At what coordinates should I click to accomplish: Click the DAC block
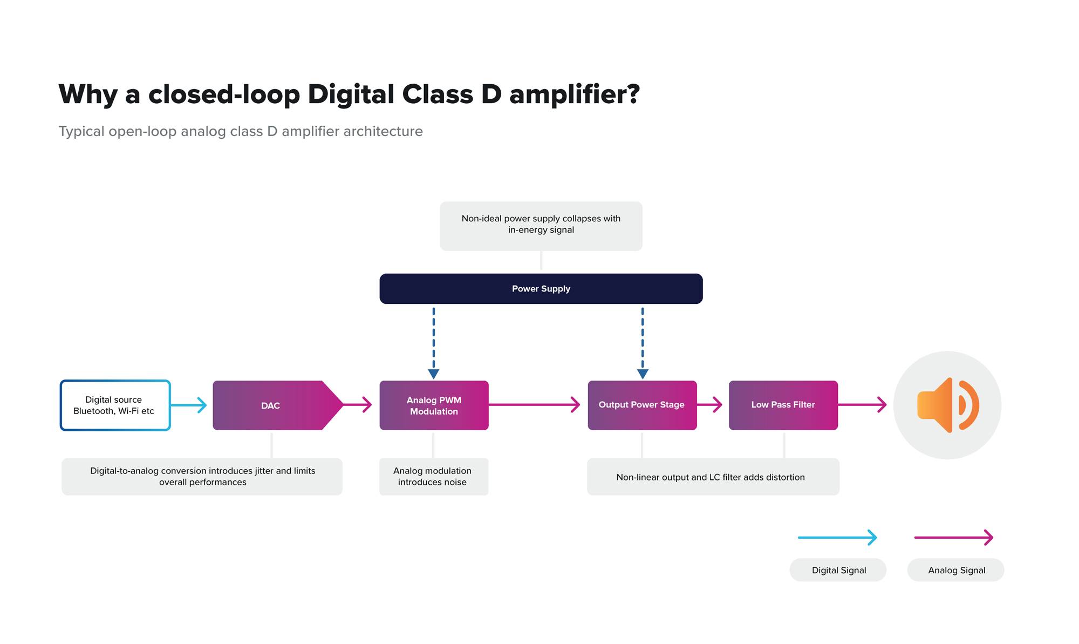[271, 405]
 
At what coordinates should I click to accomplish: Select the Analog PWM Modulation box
[434, 405]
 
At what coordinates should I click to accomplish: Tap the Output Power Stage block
[641, 405]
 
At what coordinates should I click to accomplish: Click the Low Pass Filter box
[783, 405]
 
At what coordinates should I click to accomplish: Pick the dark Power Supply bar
[541, 289]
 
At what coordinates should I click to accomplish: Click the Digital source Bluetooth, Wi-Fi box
[115, 405]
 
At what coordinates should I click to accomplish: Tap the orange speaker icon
[947, 405]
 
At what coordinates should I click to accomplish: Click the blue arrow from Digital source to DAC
[189, 405]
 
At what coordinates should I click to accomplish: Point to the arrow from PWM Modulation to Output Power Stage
[534, 404]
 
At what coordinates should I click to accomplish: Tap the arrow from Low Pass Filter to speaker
[862, 404]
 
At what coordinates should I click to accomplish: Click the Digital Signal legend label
[838, 570]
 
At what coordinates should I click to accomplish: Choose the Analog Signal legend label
[956, 570]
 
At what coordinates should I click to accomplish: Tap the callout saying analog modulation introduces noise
[433, 477]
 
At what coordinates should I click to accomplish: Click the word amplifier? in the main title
[574, 94]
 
